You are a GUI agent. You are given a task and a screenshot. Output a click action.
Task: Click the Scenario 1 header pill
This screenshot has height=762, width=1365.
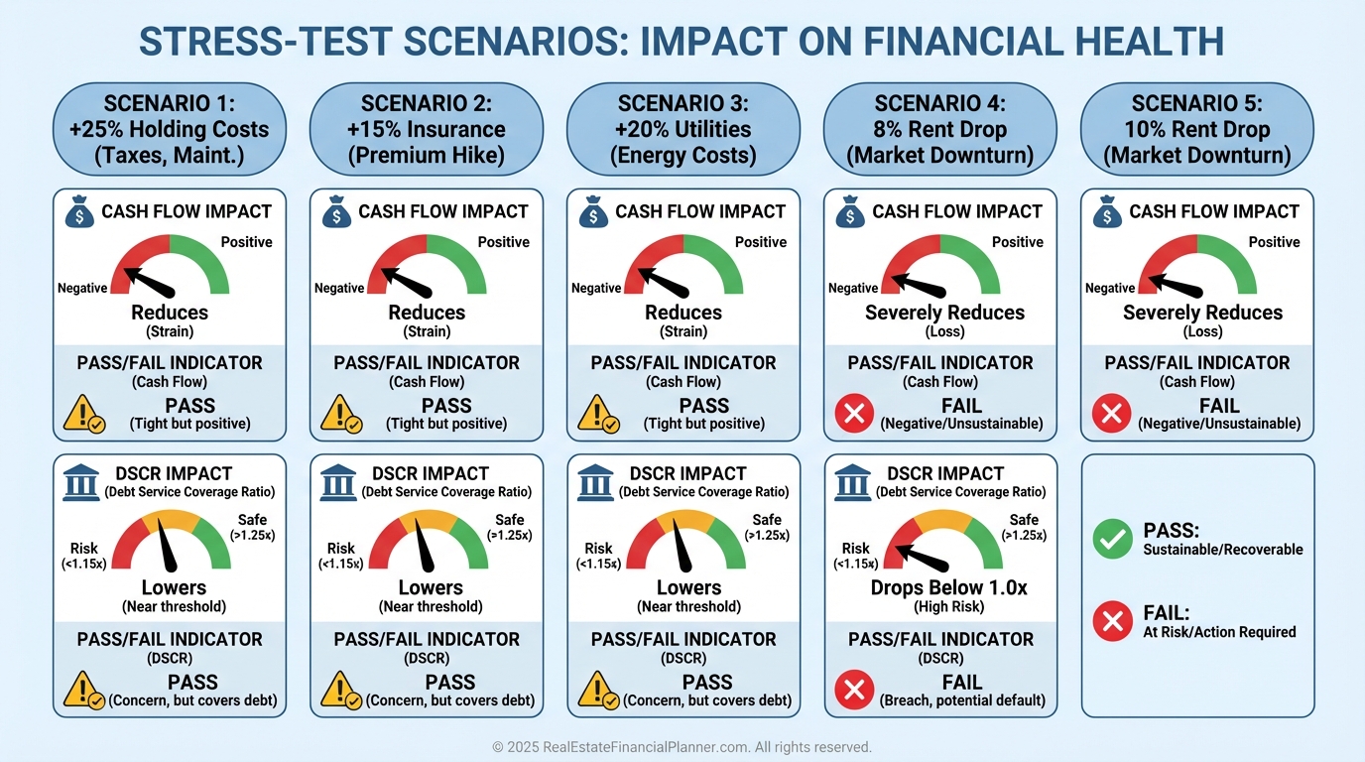click(x=169, y=129)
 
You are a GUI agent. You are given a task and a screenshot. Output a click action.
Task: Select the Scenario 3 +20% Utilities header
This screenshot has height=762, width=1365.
click(x=682, y=129)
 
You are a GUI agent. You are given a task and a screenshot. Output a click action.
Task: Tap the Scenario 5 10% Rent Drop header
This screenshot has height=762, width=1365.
click(x=1196, y=129)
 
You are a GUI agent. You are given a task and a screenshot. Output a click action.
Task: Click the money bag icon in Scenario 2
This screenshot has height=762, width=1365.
click(x=336, y=212)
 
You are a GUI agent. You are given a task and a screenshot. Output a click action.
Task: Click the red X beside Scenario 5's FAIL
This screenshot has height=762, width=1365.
click(x=1111, y=413)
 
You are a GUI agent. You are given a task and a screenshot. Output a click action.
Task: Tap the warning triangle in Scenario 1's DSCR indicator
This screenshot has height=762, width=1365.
click(x=82, y=690)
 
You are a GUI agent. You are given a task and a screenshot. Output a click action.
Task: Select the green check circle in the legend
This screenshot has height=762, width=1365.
click(x=1112, y=539)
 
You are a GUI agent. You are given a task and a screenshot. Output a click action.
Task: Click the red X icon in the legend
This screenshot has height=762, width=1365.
click(x=1112, y=621)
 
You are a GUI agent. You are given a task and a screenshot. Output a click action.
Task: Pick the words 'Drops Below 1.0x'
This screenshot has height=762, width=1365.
click(x=948, y=587)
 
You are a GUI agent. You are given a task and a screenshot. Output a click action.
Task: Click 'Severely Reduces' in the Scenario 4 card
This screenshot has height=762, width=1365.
click(x=944, y=313)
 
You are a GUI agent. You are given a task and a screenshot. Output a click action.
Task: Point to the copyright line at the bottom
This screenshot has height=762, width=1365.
click(x=682, y=747)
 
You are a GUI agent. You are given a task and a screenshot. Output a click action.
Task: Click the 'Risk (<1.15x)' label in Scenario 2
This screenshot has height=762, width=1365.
click(x=340, y=556)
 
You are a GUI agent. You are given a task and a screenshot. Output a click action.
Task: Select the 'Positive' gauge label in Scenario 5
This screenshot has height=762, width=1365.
click(x=1274, y=242)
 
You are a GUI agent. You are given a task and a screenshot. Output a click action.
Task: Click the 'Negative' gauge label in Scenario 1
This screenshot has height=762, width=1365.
click(x=82, y=289)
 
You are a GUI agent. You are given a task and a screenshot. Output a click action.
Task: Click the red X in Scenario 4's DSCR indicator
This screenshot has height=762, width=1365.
click(x=853, y=690)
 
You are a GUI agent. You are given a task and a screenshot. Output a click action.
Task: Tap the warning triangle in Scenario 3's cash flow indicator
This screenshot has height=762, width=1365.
click(x=596, y=414)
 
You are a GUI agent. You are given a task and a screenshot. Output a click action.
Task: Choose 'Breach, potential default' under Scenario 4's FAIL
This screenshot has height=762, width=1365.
click(x=962, y=700)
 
